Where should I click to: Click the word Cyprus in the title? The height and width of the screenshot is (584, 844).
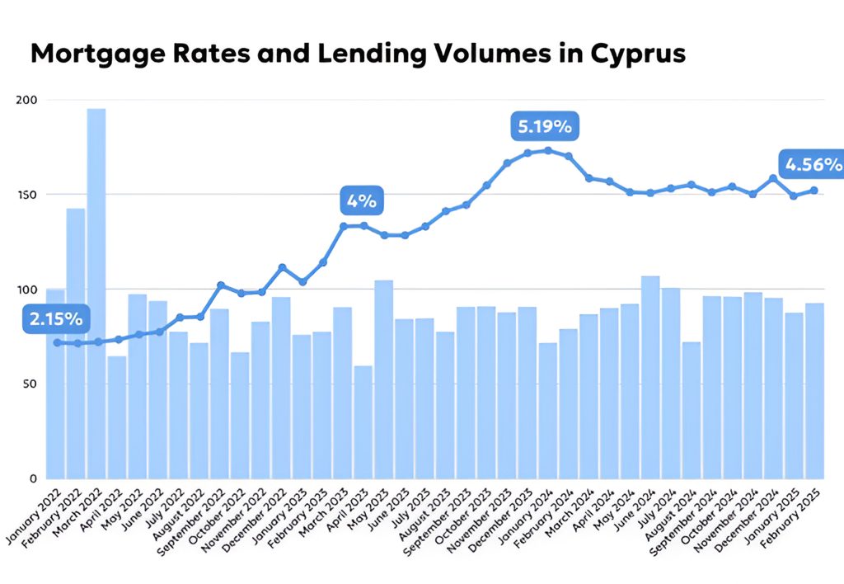click(638, 53)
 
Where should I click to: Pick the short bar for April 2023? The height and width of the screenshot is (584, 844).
click(363, 422)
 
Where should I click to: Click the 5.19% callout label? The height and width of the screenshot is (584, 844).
click(544, 127)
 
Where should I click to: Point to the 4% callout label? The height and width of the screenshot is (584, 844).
click(361, 200)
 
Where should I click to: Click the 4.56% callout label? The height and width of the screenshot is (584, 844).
click(813, 164)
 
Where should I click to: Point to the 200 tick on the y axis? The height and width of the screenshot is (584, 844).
click(26, 100)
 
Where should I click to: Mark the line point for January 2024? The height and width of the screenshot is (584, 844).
click(548, 150)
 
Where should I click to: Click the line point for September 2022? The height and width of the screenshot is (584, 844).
click(220, 285)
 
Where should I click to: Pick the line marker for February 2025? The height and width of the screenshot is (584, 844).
click(814, 191)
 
